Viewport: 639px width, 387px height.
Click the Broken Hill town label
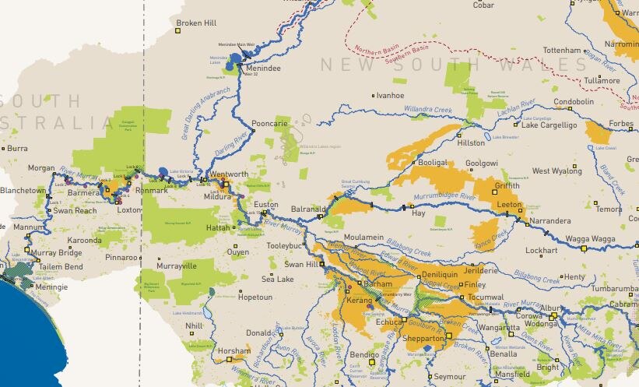(x=195, y=23)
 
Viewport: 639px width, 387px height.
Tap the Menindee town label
(x=262, y=69)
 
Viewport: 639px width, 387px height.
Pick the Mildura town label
(x=219, y=197)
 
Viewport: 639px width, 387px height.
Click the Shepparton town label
(x=423, y=339)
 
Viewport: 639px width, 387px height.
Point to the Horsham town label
(x=234, y=351)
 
